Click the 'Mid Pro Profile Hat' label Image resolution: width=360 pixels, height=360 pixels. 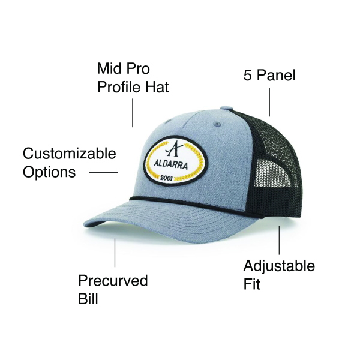pyautogui.click(x=133, y=77)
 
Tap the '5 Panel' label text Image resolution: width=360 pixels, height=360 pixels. pyautogui.click(x=269, y=76)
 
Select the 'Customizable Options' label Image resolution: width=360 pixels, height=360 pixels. pyautogui.click(x=69, y=163)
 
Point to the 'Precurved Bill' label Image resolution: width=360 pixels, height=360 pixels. pyautogui.click(x=113, y=290)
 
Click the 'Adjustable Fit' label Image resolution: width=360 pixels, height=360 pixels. pyautogui.click(x=278, y=274)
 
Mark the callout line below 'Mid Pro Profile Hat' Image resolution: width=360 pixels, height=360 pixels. pyautogui.click(x=133, y=113)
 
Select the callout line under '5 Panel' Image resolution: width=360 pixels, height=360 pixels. pyautogui.click(x=269, y=101)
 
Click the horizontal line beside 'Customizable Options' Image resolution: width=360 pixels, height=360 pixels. pyautogui.click(x=103, y=173)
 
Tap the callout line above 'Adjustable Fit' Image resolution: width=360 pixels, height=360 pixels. pyautogui.click(x=279, y=239)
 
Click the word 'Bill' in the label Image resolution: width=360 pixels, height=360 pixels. pyautogui.click(x=88, y=298)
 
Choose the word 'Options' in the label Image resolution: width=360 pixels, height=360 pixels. pyautogui.click(x=49, y=172)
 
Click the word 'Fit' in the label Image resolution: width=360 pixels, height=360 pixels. pyautogui.click(x=252, y=283)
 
